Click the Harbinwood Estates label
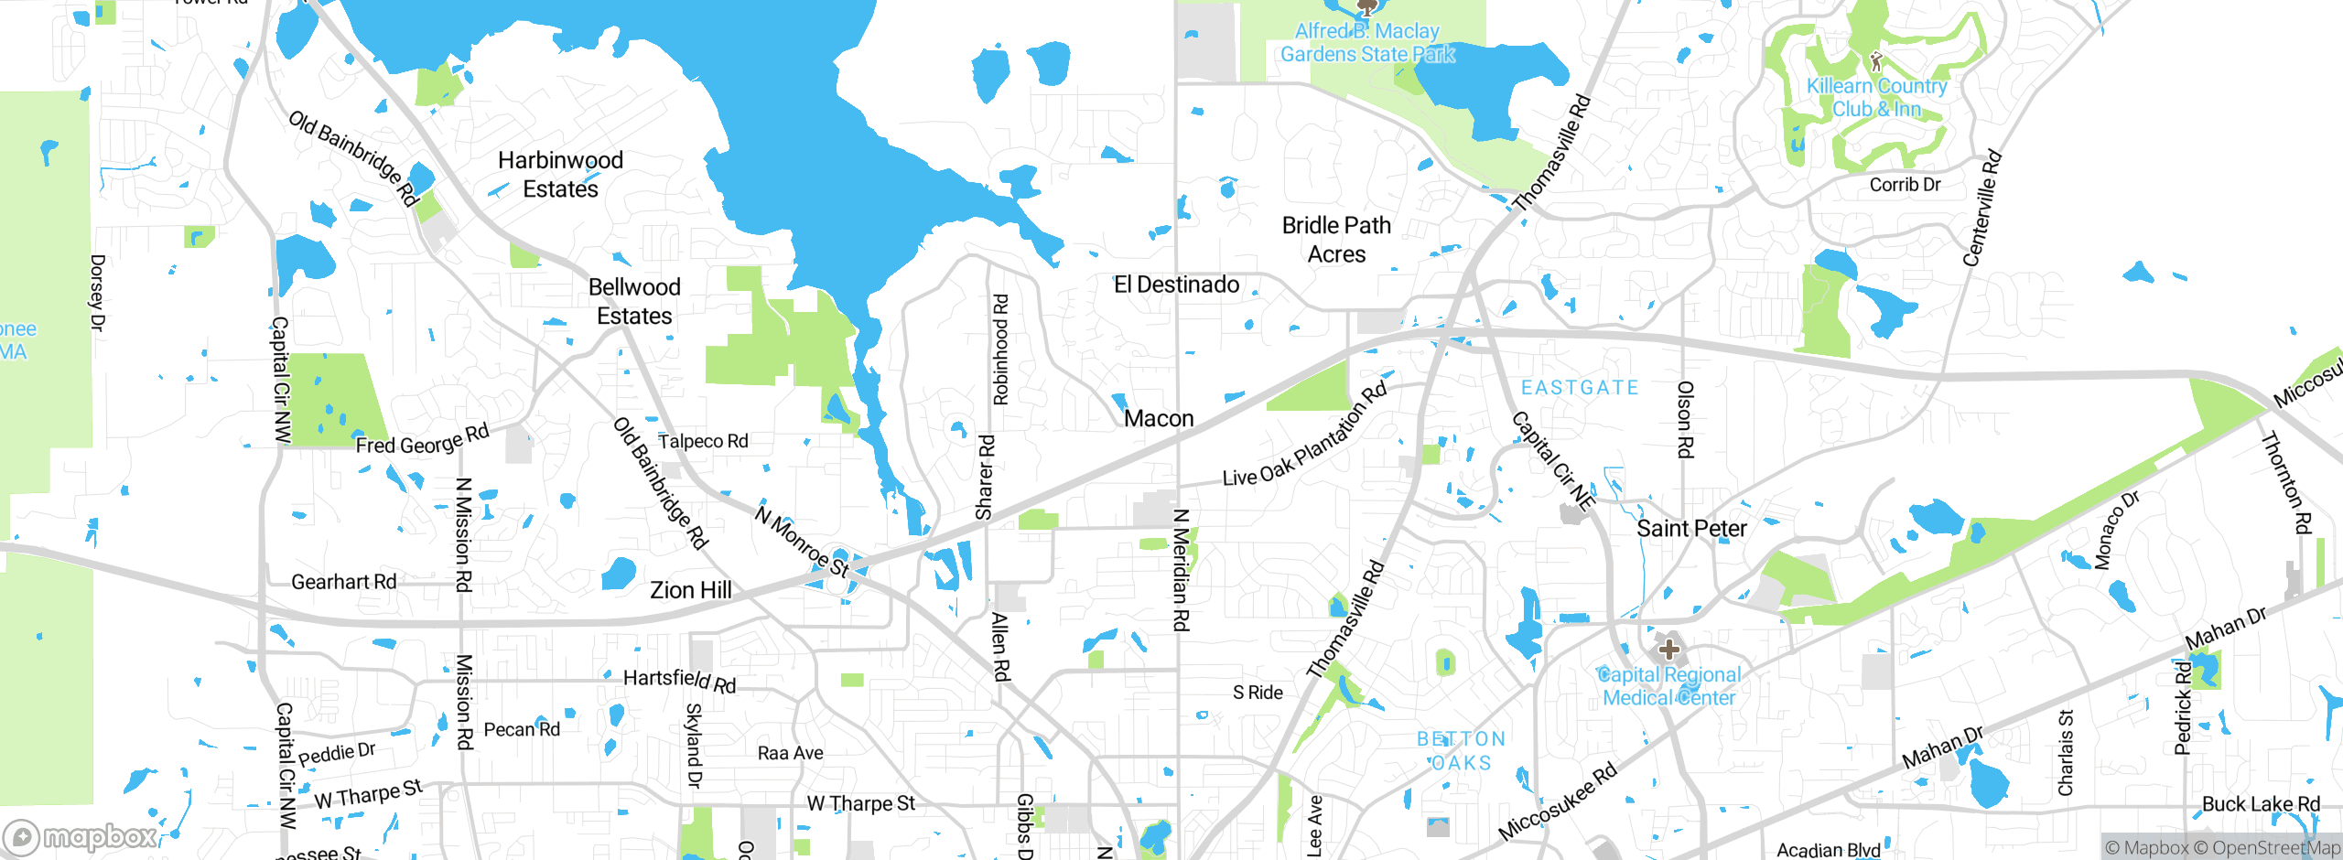pyautogui.click(x=560, y=175)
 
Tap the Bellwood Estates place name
pyautogui.click(x=634, y=301)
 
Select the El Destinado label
pyautogui.click(x=1176, y=285)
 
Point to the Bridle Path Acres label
pyautogui.click(x=1336, y=240)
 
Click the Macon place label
pyautogui.click(x=1159, y=419)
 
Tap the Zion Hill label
pyautogui.click(x=691, y=590)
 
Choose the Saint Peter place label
pyautogui.click(x=1691, y=529)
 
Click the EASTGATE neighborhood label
pyautogui.click(x=1580, y=388)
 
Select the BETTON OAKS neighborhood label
pyautogui.click(x=1461, y=751)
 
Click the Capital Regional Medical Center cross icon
pyautogui.click(x=1668, y=650)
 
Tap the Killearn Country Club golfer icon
pyautogui.click(x=1876, y=62)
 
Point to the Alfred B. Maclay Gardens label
pyautogui.click(x=1367, y=43)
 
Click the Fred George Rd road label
pyautogui.click(x=422, y=440)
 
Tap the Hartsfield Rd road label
pyautogui.click(x=679, y=680)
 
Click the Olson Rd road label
pyautogui.click(x=1685, y=420)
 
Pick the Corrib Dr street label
pyautogui.click(x=1905, y=185)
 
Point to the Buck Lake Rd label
pyautogui.click(x=2261, y=804)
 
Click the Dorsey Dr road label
pyautogui.click(x=97, y=293)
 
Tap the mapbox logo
pyautogui.click(x=81, y=837)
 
